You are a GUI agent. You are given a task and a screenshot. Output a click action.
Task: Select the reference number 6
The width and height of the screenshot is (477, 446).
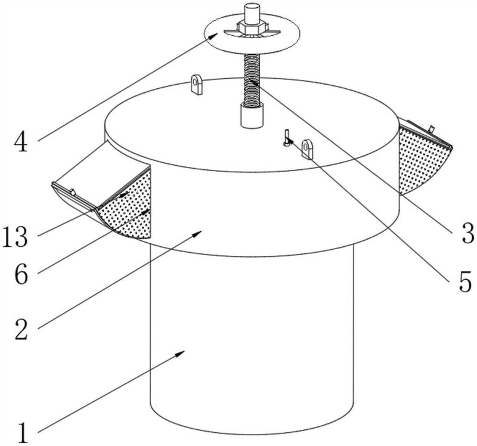[21, 274]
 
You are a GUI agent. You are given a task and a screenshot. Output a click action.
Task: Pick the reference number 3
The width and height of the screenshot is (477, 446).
[468, 233]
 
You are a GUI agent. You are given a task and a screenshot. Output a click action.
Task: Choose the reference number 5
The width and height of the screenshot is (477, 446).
[465, 282]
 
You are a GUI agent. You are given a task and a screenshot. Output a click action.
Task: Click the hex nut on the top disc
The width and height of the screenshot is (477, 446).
[252, 27]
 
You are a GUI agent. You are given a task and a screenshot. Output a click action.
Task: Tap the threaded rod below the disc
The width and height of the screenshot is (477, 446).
[252, 80]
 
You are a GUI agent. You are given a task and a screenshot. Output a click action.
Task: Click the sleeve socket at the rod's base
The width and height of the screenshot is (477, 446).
[252, 116]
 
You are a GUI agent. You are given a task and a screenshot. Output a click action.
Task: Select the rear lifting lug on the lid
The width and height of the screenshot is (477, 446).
[197, 85]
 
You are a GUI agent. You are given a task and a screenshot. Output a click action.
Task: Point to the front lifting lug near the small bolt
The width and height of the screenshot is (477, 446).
[307, 149]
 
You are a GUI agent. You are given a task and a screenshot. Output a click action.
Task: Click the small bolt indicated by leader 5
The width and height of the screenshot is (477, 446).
[287, 138]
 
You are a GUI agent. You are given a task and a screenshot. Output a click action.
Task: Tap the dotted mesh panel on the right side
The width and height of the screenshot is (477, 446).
[422, 160]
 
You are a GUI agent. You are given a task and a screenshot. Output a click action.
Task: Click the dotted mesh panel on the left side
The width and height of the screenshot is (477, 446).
[128, 207]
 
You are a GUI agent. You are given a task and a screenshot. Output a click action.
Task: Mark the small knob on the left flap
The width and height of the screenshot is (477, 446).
[72, 192]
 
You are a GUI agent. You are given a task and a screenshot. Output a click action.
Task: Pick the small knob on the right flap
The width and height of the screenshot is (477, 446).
[431, 129]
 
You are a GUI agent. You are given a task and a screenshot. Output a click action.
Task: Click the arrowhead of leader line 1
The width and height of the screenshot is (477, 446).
[181, 353]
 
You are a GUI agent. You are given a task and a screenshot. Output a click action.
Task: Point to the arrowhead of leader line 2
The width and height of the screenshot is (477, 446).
[198, 233]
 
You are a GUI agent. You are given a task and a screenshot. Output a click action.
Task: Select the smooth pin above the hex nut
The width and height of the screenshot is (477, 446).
[252, 13]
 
